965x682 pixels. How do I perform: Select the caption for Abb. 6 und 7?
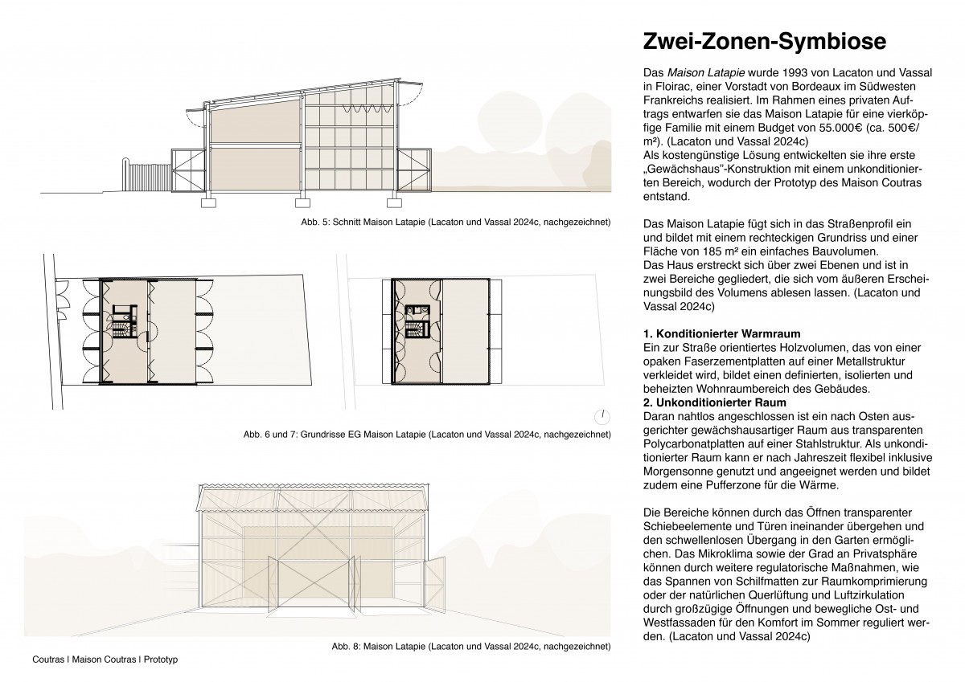(427, 435)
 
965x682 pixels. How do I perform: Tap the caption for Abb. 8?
(471, 646)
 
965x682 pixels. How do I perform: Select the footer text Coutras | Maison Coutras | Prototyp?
(105, 660)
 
